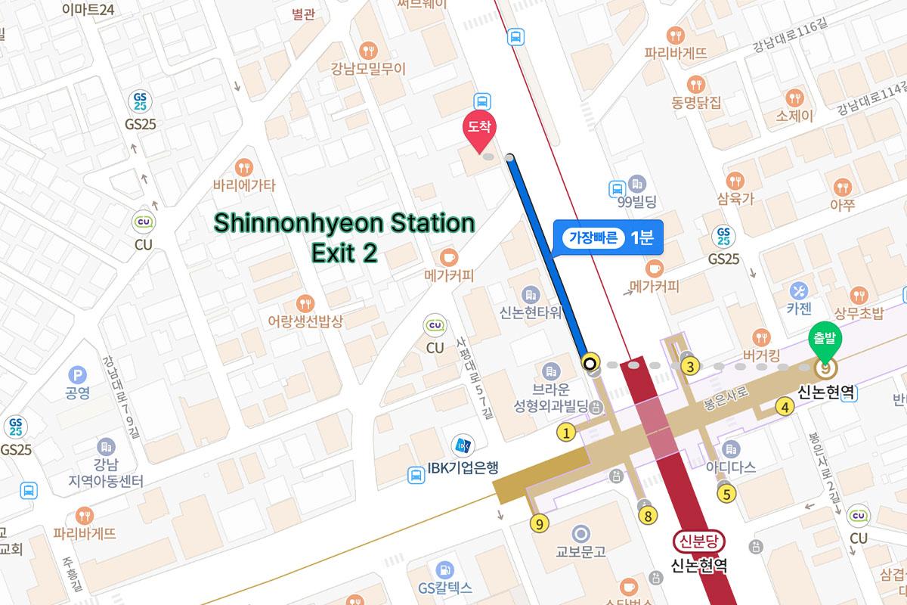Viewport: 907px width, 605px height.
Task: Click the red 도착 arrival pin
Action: tap(478, 130)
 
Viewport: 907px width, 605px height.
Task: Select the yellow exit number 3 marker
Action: tap(689, 367)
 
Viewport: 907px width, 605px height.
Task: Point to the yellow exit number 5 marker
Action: tap(726, 495)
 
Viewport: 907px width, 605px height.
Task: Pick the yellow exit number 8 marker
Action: tap(647, 516)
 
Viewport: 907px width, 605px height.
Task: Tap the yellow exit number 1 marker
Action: tap(565, 433)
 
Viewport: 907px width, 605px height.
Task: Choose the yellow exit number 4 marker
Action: tap(785, 408)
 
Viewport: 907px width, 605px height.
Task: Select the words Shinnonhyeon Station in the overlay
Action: tap(344, 224)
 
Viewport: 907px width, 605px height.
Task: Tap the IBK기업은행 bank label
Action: tap(463, 467)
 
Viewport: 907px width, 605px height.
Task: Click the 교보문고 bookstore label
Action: tap(580, 551)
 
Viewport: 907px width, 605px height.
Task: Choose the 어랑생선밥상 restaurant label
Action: tap(305, 321)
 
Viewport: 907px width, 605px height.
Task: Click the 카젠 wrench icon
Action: tap(799, 290)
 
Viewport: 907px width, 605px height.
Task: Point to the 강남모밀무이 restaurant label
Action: tap(368, 68)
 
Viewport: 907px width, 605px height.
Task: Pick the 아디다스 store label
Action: tap(730, 467)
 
